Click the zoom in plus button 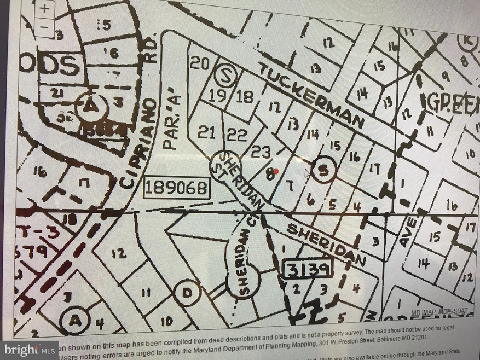pyautogui.click(x=46, y=9)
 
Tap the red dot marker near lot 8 pyautogui.click(x=276, y=171)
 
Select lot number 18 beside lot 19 pyautogui.click(x=245, y=97)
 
